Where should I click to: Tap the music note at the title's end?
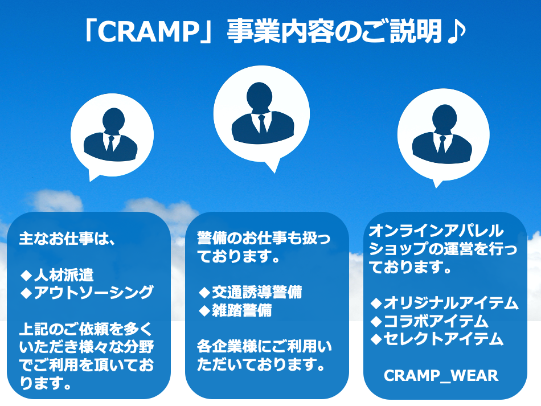coord(456,31)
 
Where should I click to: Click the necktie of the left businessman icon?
coord(110,143)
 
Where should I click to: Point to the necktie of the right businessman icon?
coord(442,145)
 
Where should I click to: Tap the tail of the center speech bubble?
coord(273,166)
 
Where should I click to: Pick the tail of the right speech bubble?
coord(437,183)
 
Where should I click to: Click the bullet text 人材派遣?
coord(64,275)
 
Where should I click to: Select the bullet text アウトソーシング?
coord(93,292)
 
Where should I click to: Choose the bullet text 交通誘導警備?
coord(257,292)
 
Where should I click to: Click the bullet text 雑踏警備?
coord(241,310)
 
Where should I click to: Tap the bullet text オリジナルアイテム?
coord(451,303)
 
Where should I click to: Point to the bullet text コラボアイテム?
coord(436,321)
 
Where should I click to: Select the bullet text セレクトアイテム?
coord(444,339)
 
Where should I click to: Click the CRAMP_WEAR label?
coord(441,376)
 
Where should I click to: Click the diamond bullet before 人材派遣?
coord(27,275)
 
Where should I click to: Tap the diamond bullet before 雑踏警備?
coord(204,310)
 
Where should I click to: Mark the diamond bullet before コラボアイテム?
coord(376,322)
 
